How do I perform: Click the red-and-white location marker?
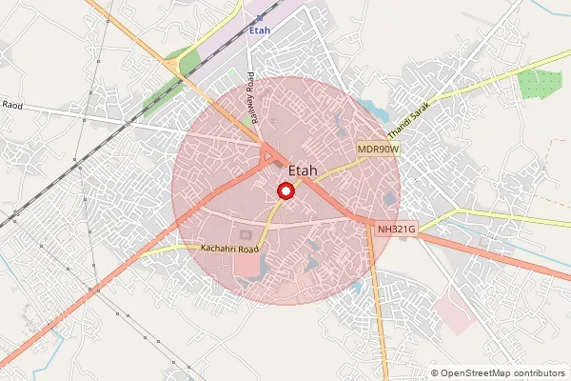(x=284, y=191)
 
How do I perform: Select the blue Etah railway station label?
(x=259, y=30)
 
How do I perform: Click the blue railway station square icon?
(x=260, y=17)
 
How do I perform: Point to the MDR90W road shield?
(x=378, y=150)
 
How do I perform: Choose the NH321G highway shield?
(x=396, y=229)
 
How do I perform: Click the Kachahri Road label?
(x=229, y=249)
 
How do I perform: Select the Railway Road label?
(x=252, y=90)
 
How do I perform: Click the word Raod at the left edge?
(x=11, y=105)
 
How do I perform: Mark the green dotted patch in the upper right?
(x=541, y=84)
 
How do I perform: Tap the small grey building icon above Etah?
(x=277, y=163)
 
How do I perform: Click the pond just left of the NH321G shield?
(x=388, y=200)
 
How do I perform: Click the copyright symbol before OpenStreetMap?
(x=435, y=373)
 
